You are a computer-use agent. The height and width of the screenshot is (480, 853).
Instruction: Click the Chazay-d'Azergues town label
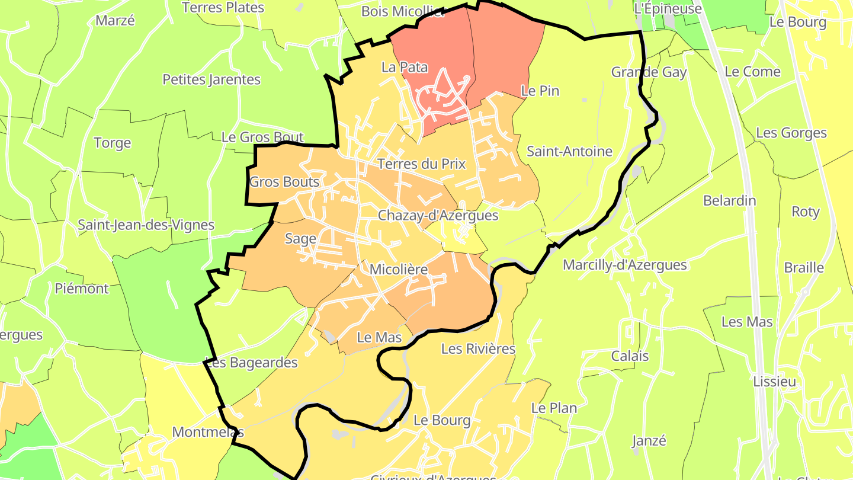point(438,216)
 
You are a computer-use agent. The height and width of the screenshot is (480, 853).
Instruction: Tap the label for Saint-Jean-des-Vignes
point(146,225)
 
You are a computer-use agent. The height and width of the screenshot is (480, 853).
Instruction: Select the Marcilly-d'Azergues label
point(624,265)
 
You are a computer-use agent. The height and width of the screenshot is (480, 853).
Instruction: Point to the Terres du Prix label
point(421,164)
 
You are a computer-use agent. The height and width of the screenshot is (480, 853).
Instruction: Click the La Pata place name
point(405,67)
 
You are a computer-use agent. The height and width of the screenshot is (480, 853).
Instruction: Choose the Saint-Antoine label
point(569,151)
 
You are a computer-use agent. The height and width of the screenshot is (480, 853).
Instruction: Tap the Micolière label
point(398,270)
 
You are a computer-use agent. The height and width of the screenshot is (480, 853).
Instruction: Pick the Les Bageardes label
point(251,363)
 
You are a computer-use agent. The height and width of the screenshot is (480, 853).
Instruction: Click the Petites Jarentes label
point(211,79)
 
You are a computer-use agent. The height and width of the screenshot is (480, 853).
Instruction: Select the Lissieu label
point(774,382)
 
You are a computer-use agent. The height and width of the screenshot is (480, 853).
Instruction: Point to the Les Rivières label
point(478,349)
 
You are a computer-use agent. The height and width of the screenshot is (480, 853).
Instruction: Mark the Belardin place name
point(729,200)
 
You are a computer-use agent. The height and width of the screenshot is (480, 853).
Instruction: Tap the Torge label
point(113,143)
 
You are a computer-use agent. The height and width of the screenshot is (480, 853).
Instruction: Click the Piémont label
point(82,289)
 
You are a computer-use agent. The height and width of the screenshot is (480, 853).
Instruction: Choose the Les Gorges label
point(791,133)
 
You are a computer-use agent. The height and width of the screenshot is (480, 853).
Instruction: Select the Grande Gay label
point(649,72)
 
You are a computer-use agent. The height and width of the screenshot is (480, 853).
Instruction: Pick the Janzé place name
point(649,441)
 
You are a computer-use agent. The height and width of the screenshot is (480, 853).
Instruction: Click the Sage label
point(300,239)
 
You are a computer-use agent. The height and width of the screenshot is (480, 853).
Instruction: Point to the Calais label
point(630,356)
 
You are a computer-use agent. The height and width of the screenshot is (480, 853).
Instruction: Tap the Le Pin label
point(540,91)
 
